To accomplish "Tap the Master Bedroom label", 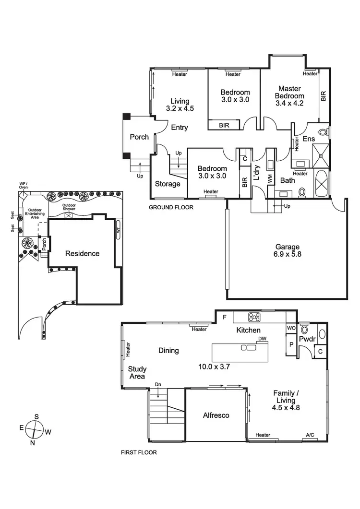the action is click(x=289, y=96).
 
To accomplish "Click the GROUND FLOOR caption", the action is click(x=171, y=208).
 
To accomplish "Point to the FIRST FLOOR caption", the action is click(x=140, y=452).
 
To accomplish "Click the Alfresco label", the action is click(x=216, y=415).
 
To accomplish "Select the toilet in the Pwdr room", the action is click(x=304, y=330).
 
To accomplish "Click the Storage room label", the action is click(x=168, y=184).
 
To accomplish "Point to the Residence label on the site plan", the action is click(x=82, y=253).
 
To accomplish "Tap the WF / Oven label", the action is click(x=23, y=186).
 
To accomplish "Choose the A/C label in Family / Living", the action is click(x=311, y=435).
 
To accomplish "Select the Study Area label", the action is click(x=137, y=373).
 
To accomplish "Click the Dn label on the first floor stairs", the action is click(x=158, y=384).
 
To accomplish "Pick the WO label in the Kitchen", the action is click(x=291, y=328).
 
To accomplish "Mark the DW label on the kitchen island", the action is click(x=262, y=339).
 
